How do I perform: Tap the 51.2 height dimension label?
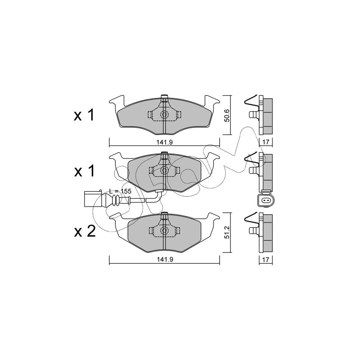click(227, 233)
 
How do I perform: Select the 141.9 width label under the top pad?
click(164, 142)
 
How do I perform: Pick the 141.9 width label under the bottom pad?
click(164, 260)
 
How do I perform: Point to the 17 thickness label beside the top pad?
click(265, 142)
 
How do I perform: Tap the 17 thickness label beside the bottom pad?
click(265, 260)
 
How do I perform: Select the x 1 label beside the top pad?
click(84, 115)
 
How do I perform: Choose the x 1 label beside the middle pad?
click(84, 171)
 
